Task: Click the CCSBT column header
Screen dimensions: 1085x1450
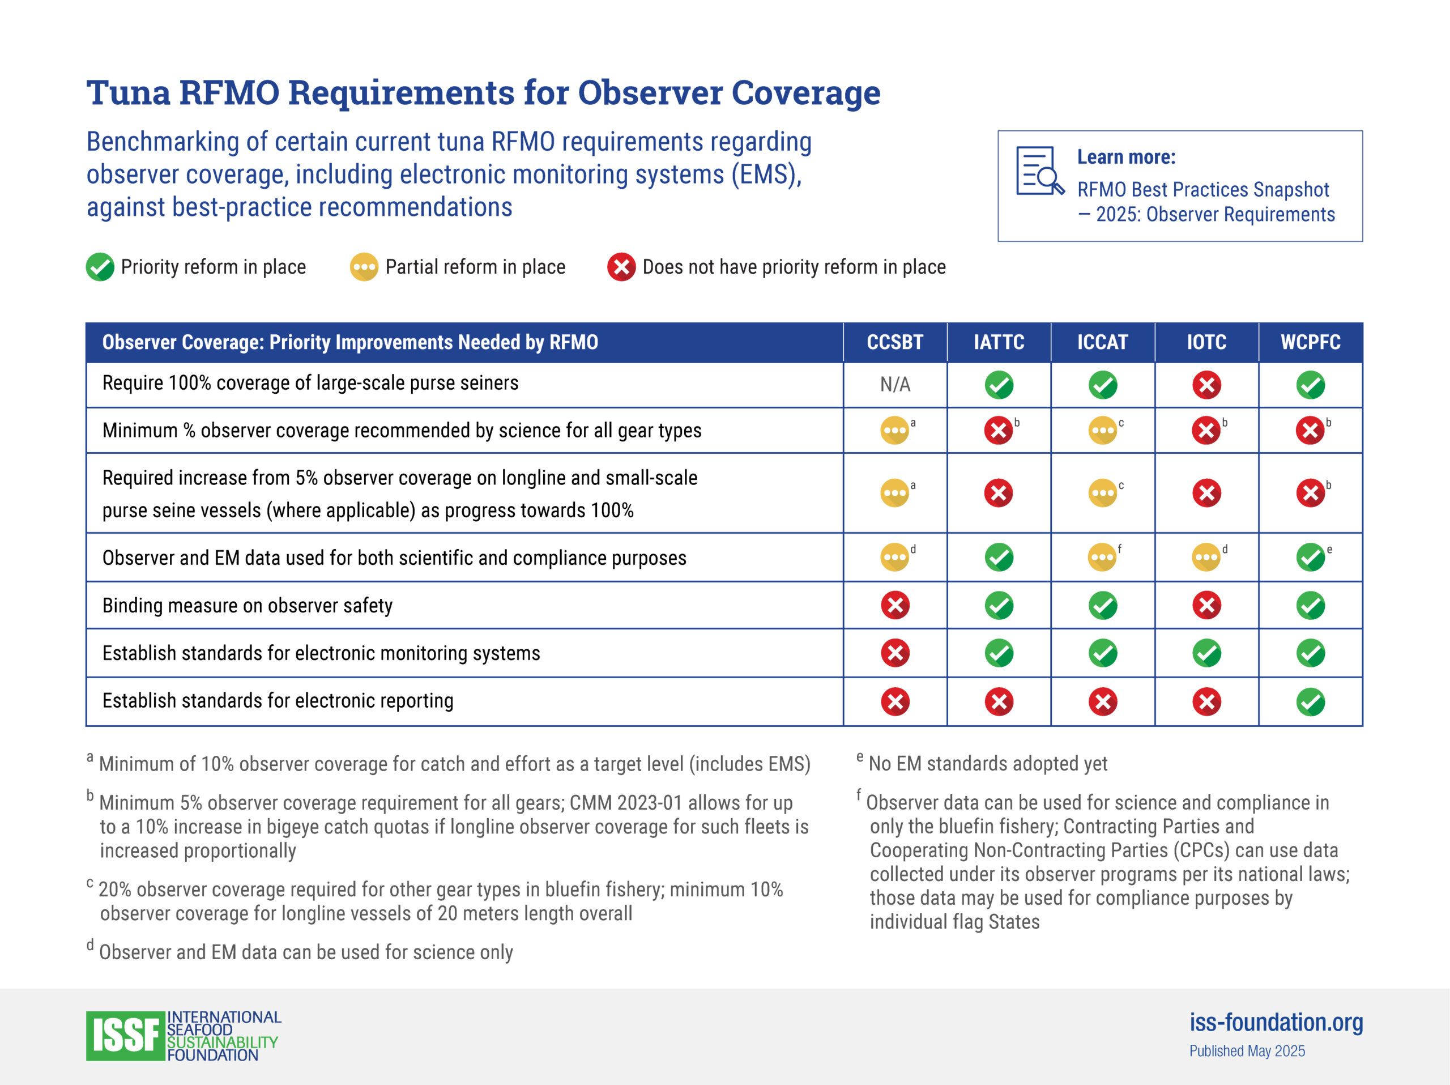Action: [895, 342]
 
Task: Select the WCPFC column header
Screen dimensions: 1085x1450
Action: [1310, 342]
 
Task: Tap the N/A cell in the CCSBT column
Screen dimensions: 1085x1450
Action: [895, 385]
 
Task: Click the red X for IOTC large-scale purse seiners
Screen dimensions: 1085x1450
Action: [1206, 385]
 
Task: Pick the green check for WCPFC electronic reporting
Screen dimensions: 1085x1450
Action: [1310, 702]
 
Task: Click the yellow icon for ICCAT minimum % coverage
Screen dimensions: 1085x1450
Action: [1103, 431]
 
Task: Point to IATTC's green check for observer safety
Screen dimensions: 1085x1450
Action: [999, 606]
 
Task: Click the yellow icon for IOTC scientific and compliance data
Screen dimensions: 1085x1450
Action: [1206, 558]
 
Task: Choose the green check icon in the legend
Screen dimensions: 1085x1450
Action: [100, 267]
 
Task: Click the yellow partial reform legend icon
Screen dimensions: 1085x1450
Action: [364, 267]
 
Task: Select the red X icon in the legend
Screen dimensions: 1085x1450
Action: [621, 267]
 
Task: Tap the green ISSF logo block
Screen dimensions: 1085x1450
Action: [125, 1036]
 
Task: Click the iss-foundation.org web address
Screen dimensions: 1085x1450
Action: [1276, 1023]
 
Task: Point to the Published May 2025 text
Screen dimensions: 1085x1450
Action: [1247, 1052]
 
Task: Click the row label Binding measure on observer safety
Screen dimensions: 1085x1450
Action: [247, 606]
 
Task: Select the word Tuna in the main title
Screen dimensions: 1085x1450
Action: [129, 92]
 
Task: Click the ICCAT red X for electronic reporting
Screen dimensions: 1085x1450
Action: [1103, 702]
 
